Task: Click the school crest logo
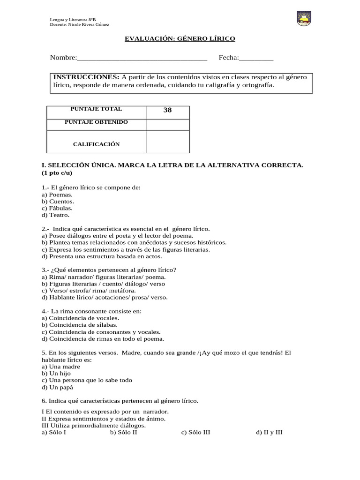pos(304,18)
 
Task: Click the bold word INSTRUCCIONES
pos(86,77)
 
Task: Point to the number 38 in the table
pos(167,110)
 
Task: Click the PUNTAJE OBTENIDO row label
pos(96,122)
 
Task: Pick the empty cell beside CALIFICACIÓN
pos(167,142)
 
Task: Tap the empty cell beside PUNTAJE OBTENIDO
pos(167,124)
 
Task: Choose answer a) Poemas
pos(57,195)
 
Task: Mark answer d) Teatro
pos(55,215)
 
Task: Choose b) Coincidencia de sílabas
pos(80,325)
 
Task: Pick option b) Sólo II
pos(123,432)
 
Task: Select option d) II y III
pos(269,432)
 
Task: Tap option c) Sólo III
pos(195,432)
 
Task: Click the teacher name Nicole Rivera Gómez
pos(89,24)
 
